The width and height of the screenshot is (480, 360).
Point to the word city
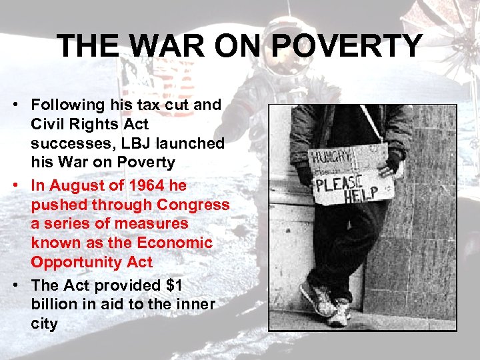45,324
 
